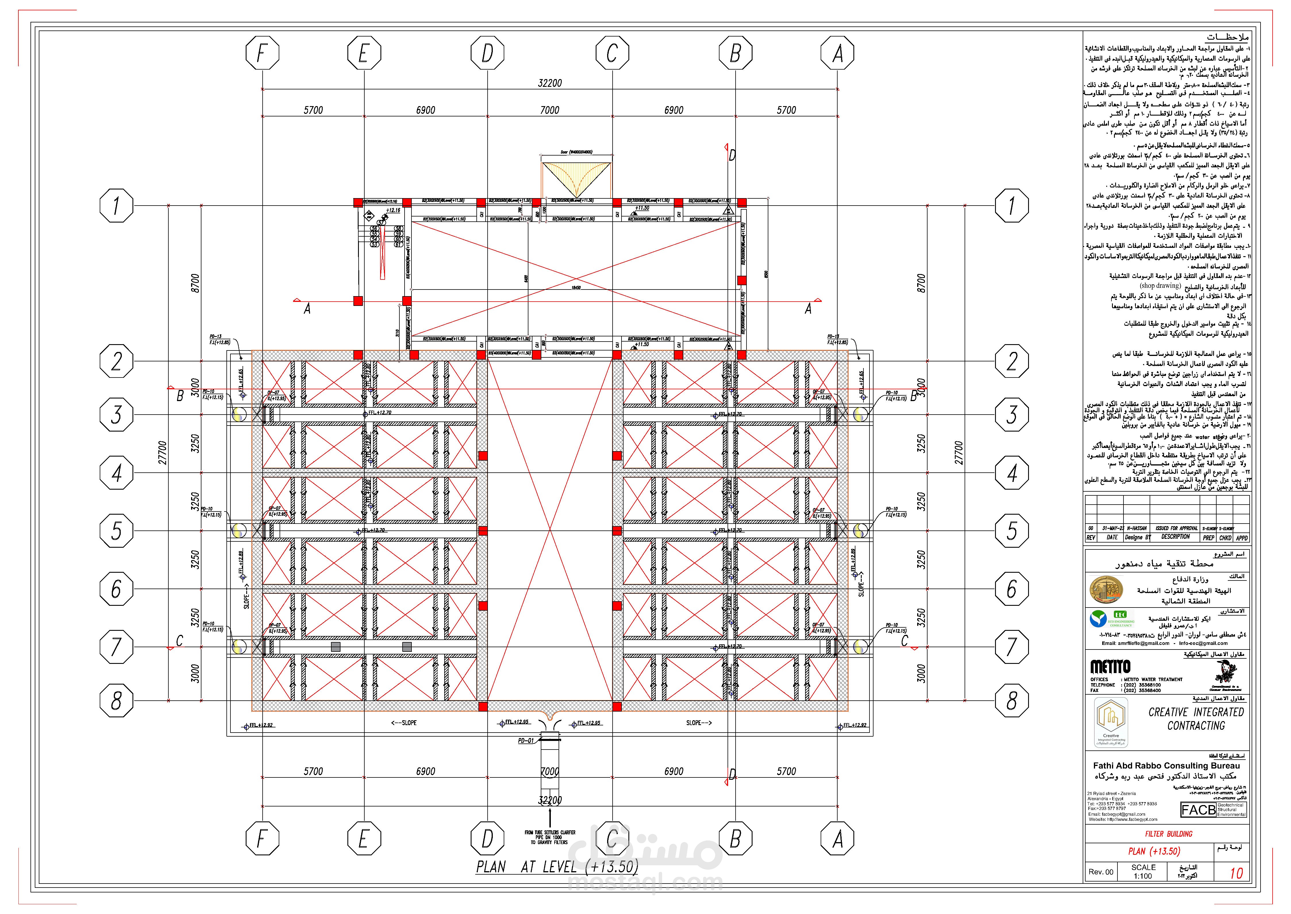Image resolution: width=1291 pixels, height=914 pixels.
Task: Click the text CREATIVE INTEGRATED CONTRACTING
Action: (x=1196, y=719)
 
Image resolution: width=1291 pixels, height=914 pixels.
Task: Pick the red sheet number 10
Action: (x=1236, y=873)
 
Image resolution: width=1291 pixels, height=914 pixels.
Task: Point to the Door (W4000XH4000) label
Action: (x=576, y=152)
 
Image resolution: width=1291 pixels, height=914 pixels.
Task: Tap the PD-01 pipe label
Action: (x=526, y=741)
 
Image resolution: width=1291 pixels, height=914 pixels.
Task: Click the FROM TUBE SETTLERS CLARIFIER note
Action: (x=550, y=838)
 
